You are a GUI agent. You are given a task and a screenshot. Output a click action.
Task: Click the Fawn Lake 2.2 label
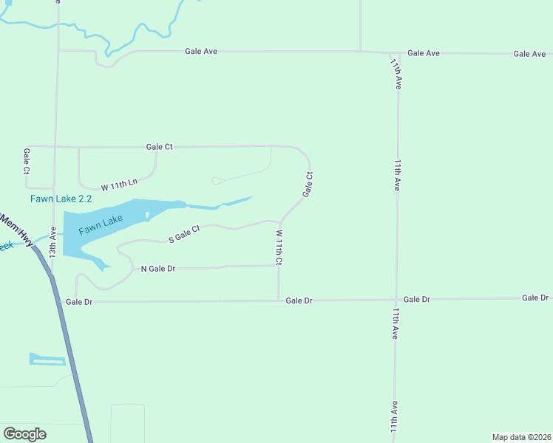[61, 199]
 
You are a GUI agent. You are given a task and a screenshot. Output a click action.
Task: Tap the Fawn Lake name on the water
[101, 224]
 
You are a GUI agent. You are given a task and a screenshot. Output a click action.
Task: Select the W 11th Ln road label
[119, 182]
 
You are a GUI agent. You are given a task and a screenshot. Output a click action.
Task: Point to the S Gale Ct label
[184, 234]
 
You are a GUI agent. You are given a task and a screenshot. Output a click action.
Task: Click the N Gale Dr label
[157, 269]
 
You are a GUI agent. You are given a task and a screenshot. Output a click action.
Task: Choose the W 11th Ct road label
[279, 247]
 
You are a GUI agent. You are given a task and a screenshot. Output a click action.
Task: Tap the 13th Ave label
[52, 241]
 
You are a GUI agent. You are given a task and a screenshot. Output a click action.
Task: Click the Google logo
[24, 433]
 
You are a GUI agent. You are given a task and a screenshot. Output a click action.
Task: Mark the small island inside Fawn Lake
[147, 216]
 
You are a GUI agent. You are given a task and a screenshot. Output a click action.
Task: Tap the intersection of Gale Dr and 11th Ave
[396, 300]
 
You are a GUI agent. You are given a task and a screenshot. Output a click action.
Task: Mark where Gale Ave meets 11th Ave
[390, 53]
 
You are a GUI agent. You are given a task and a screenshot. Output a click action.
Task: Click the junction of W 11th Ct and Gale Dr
[279, 301]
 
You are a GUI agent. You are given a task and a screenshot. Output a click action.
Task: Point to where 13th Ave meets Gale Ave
[58, 51]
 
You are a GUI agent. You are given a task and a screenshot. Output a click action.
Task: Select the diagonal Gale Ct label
[308, 185]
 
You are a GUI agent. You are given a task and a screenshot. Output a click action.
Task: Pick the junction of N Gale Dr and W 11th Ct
[279, 266]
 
